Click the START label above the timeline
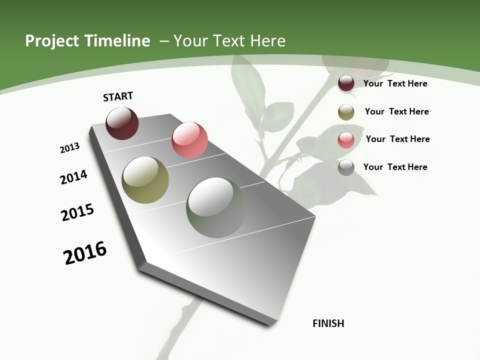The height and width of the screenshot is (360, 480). coord(118,96)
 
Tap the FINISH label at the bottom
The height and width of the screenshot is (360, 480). coord(328,323)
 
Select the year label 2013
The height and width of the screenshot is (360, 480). coord(69,148)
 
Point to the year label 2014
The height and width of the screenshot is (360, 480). coord(73,177)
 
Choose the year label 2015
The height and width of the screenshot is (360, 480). coord(77,212)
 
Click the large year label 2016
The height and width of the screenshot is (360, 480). coord(85,253)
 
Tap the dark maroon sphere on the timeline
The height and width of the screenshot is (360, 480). coord(122,123)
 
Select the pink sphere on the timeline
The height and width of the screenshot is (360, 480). coord(189,140)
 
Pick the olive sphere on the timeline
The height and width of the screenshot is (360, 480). coord(145,180)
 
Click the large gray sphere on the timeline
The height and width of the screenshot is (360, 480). coord(216,207)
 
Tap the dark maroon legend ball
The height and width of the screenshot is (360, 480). coord(346,83)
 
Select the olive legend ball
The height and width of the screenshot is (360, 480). coord(346,112)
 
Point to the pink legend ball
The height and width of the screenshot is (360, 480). coord(346,140)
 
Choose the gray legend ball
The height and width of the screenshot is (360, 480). coord(346,167)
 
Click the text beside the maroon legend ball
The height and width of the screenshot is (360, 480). coord(395,83)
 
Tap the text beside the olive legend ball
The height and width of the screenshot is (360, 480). coord(396,111)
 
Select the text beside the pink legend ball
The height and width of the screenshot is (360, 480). coord(397,139)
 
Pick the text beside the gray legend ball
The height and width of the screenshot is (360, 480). coord(395,167)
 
